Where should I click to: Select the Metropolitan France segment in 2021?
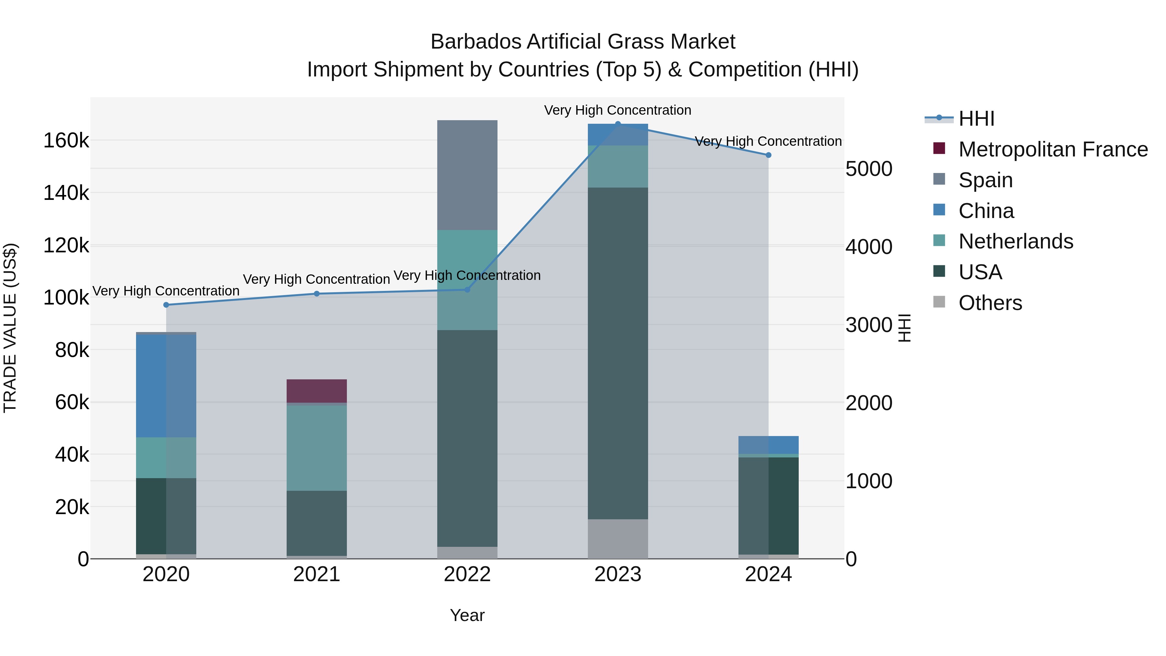(316, 391)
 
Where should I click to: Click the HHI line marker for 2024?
(768, 155)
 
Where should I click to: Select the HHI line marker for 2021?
(316, 294)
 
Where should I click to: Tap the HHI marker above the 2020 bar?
(166, 305)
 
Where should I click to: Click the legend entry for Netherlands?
(1015, 241)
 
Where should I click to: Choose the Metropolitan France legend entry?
(1052, 149)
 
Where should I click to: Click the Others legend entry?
(990, 303)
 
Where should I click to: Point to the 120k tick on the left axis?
(66, 246)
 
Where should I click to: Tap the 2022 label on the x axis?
(467, 574)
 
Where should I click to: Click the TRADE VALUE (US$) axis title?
(10, 328)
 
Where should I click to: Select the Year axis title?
(467, 615)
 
